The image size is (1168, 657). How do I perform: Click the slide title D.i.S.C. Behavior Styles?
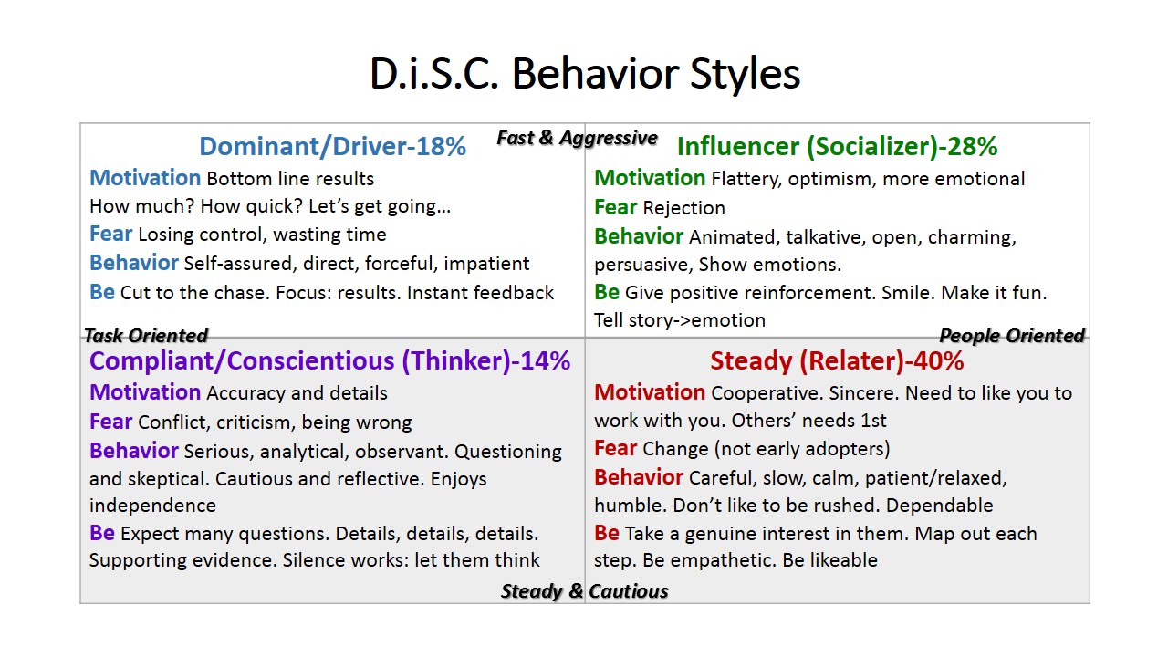[x=585, y=74]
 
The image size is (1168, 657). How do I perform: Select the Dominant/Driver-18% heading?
[x=332, y=146]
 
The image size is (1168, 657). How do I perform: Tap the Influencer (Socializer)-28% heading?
[x=837, y=147]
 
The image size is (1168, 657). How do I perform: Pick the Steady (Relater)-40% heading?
[x=837, y=360]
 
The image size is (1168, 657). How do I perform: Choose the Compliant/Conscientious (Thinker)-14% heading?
[x=330, y=360]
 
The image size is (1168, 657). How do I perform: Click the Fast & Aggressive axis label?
[x=577, y=138]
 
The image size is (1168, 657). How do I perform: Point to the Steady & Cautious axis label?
[x=584, y=591]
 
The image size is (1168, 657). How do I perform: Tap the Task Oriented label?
[x=146, y=335]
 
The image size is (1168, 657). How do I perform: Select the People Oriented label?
[x=1012, y=335]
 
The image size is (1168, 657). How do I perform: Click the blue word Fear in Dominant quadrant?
[x=110, y=234]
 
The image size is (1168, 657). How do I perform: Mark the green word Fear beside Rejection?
[x=615, y=207]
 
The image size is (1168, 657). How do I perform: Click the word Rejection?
[x=684, y=208]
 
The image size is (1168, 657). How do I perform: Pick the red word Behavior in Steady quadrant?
[x=638, y=477]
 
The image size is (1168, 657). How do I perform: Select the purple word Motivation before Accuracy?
[x=145, y=392]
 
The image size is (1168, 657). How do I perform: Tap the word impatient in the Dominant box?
[x=486, y=265]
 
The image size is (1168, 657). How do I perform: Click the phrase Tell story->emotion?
[x=680, y=320]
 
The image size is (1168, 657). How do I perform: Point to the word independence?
[x=152, y=506]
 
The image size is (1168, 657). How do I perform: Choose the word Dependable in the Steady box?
[x=939, y=506]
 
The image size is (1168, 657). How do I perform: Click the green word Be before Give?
[x=607, y=292]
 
